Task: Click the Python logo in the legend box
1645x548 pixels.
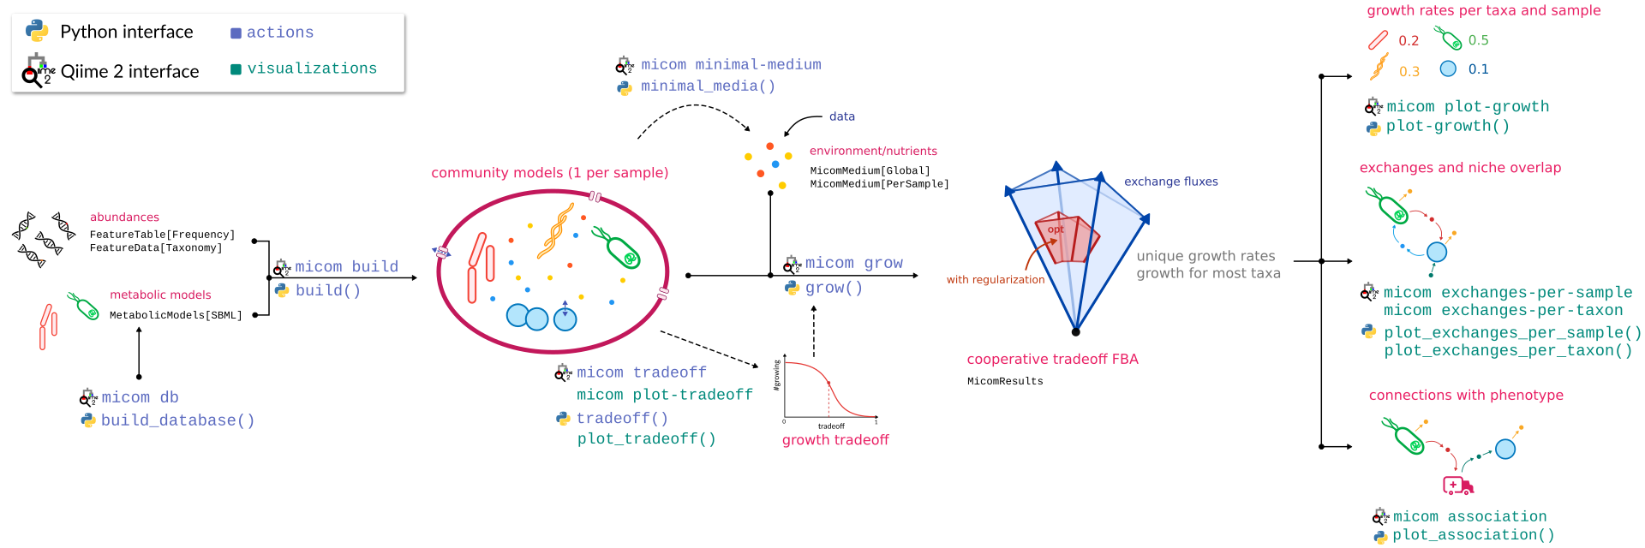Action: [37, 31]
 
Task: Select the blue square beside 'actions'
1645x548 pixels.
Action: [236, 33]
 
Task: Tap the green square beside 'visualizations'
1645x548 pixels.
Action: [236, 69]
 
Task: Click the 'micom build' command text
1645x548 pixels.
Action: [346, 267]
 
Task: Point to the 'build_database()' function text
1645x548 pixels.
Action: [178, 420]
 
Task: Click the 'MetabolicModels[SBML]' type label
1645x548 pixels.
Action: [176, 315]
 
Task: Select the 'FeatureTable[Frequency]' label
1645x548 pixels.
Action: [162, 235]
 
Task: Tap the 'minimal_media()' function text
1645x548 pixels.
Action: [709, 86]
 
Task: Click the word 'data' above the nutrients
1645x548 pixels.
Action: [842, 116]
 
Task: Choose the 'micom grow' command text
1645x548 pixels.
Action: [854, 263]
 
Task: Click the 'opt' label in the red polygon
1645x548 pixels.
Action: [1056, 229]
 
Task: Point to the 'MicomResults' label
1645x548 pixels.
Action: [1005, 382]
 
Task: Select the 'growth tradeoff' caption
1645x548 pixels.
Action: [835, 440]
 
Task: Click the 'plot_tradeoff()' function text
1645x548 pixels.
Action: [647, 439]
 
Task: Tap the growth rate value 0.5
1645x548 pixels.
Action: [1478, 40]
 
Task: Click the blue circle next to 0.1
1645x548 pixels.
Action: [1448, 68]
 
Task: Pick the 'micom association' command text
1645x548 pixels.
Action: [1470, 516]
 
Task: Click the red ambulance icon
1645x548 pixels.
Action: [1457, 485]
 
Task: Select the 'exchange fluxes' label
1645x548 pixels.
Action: [1171, 182]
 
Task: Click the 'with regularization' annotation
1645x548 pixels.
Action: [996, 280]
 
